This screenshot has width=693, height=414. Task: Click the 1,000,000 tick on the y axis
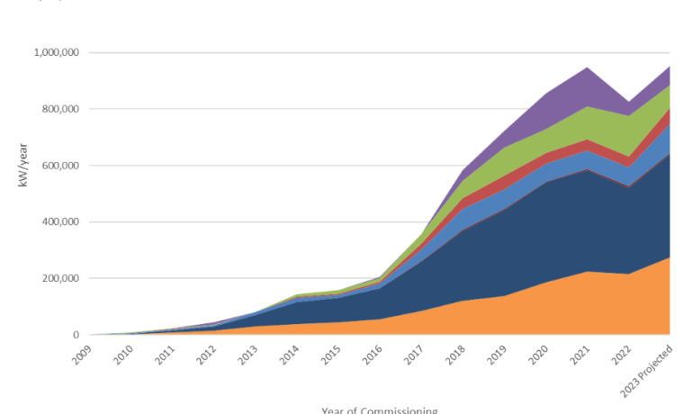pyautogui.click(x=56, y=53)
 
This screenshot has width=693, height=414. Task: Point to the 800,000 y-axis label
pyautogui.click(x=60, y=109)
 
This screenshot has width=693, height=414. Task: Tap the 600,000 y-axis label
pyautogui.click(x=60, y=166)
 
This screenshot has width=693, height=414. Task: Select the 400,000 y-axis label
pyautogui.click(x=60, y=222)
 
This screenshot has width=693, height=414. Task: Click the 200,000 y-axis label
pyautogui.click(x=60, y=278)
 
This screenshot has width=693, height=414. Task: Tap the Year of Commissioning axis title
pyautogui.click(x=379, y=409)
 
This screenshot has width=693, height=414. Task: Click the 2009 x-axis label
pyautogui.click(x=83, y=352)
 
